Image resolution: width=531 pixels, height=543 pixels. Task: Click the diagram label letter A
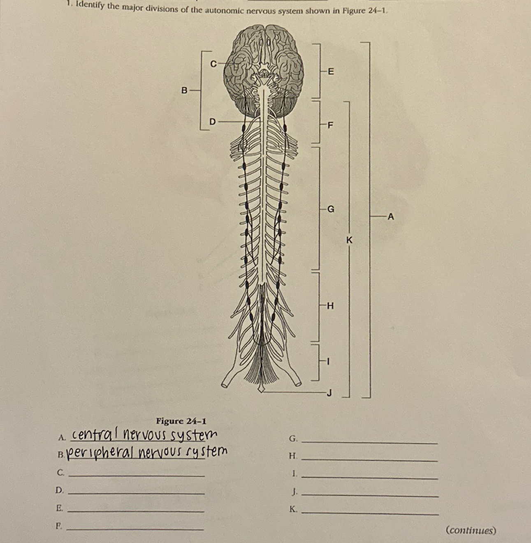(391, 216)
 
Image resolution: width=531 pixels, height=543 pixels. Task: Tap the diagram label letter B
(185, 90)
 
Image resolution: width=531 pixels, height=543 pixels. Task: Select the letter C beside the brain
(213, 64)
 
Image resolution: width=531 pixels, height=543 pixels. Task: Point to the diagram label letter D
(212, 122)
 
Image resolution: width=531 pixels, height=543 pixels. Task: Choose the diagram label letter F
(330, 125)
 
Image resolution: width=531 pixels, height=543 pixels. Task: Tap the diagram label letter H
(330, 306)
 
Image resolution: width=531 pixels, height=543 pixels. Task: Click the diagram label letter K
(349, 240)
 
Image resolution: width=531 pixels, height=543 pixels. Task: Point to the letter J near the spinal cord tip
(329, 393)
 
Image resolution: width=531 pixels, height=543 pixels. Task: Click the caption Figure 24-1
(181, 421)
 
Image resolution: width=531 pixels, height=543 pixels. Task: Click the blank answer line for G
(369, 442)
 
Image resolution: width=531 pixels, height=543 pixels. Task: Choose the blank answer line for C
(136, 476)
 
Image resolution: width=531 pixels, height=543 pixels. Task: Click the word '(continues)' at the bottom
(471, 530)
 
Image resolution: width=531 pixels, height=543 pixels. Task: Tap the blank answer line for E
(136, 511)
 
